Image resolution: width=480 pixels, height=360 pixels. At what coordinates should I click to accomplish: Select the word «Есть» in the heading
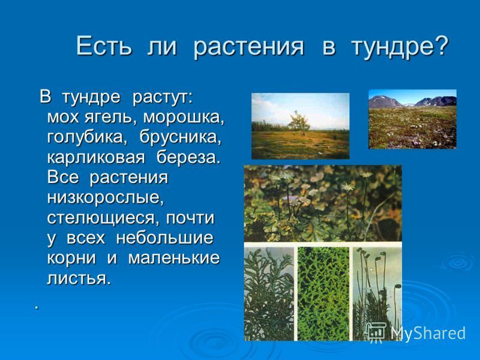pyautogui.click(x=104, y=46)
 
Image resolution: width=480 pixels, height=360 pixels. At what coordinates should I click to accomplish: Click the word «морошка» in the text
pyautogui.click(x=183, y=117)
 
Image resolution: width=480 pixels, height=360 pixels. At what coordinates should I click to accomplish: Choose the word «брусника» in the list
pyautogui.click(x=181, y=137)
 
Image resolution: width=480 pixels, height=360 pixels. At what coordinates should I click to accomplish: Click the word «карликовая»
pyautogui.click(x=96, y=158)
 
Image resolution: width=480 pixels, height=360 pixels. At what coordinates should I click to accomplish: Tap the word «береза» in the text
pyautogui.click(x=188, y=157)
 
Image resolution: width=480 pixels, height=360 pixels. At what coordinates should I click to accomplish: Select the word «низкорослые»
pyautogui.click(x=105, y=199)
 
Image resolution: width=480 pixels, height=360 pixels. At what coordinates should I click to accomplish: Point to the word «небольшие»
pyautogui.click(x=164, y=238)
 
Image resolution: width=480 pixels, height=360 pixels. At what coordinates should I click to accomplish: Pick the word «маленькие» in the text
pyautogui.click(x=173, y=258)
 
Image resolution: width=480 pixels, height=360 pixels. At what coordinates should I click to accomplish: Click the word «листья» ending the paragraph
pyautogui.click(x=78, y=278)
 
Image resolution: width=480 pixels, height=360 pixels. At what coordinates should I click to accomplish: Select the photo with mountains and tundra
pyautogui.click(x=412, y=119)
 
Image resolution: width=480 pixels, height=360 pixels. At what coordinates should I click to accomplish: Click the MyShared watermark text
pyautogui.click(x=428, y=333)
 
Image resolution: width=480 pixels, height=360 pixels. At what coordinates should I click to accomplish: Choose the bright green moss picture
pyautogui.click(x=323, y=294)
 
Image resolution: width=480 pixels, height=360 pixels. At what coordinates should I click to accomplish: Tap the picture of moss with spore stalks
pyautogui.click(x=377, y=294)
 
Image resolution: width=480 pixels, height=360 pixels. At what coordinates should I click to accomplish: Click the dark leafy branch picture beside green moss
pyautogui.click(x=269, y=294)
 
